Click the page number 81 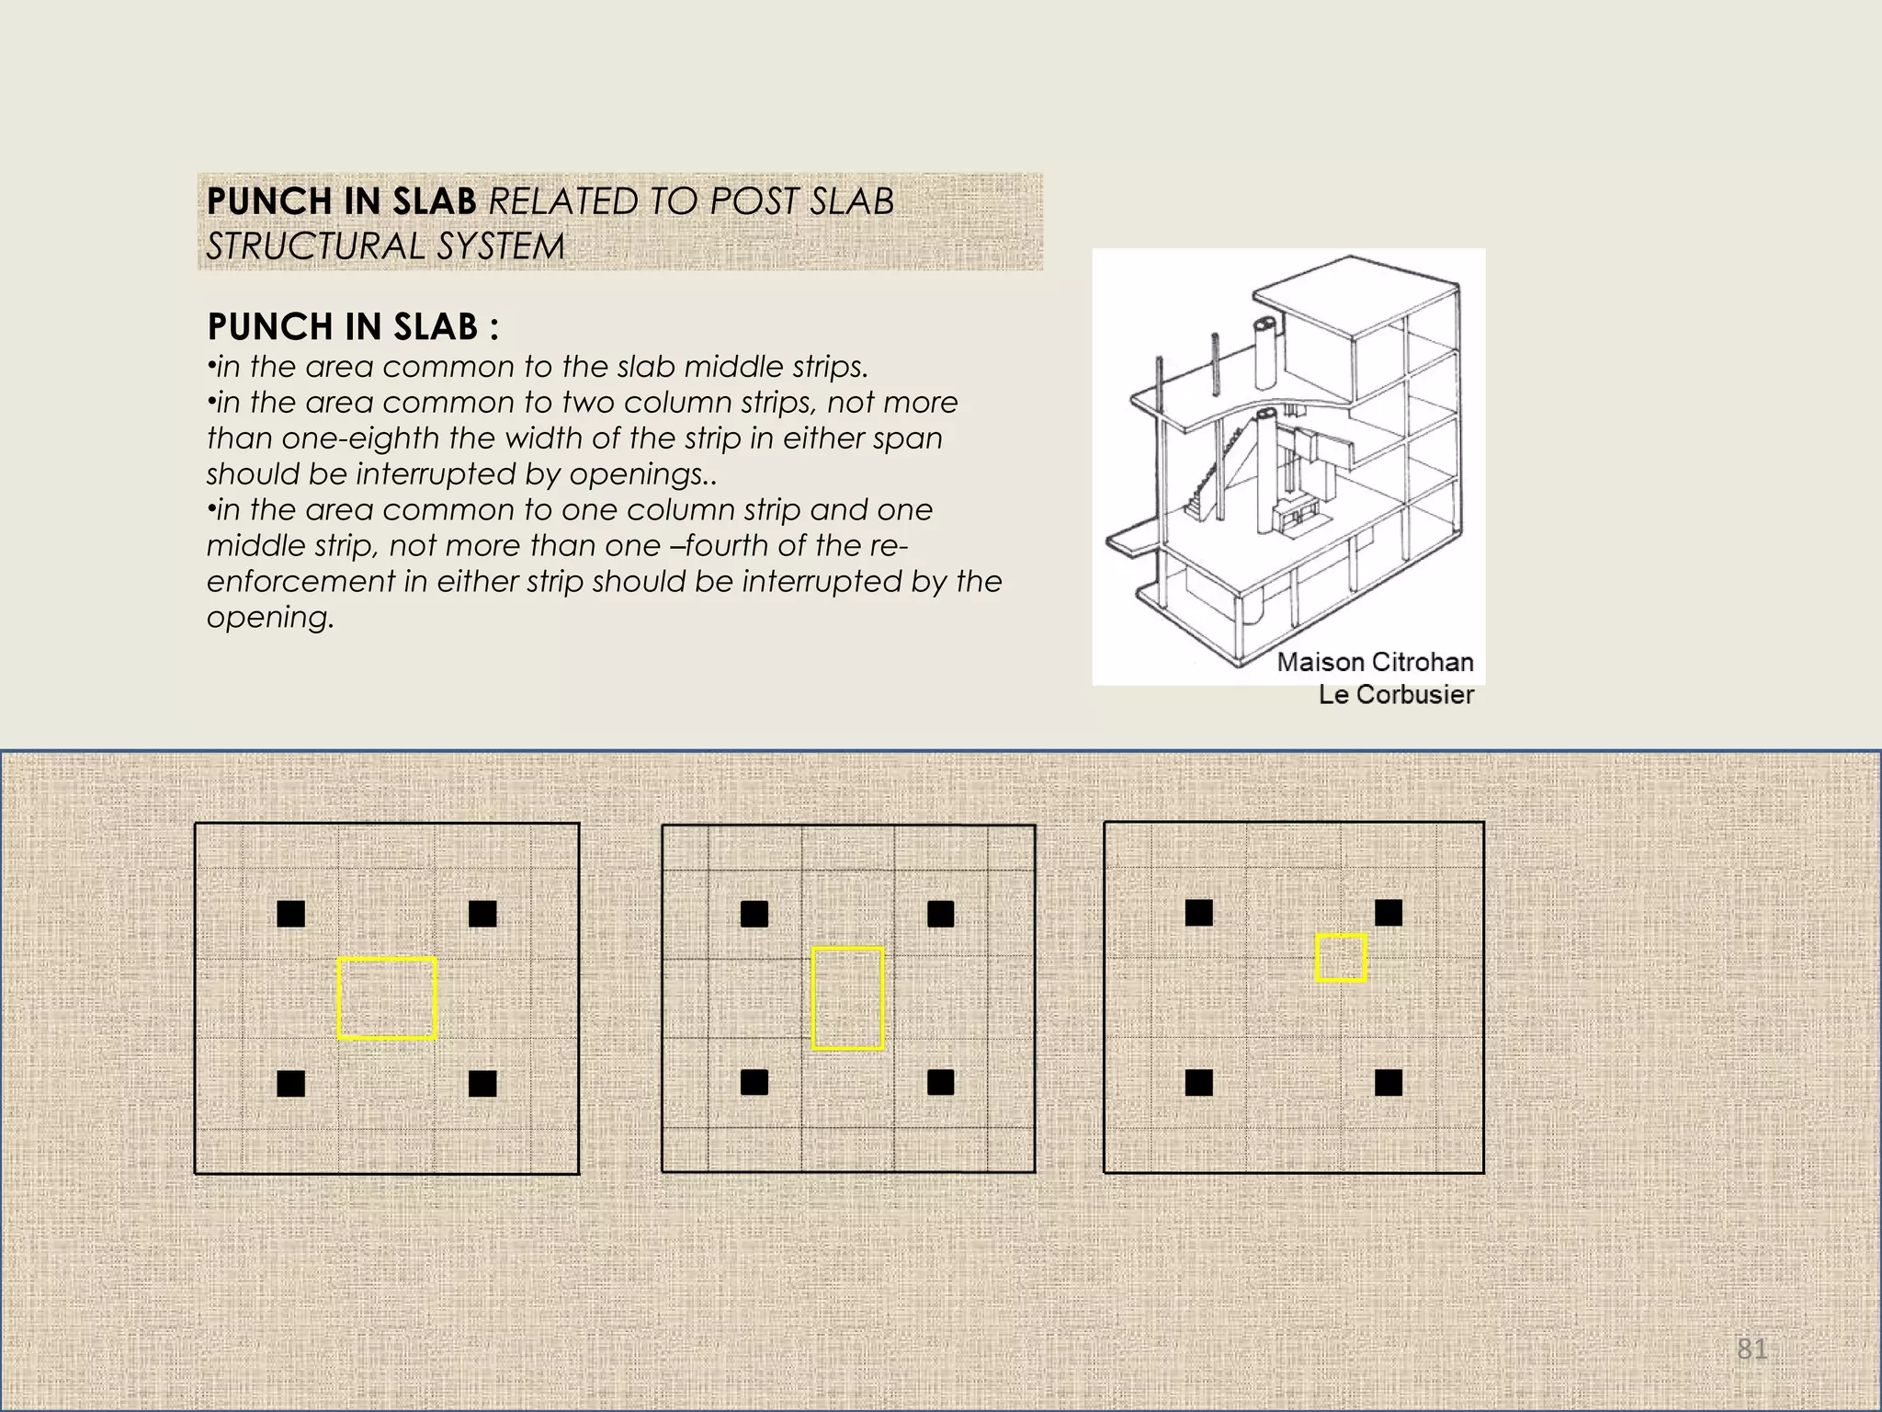point(1752,1349)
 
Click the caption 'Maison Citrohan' point(1375,662)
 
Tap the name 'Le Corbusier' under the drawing point(1396,695)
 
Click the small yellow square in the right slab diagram point(1341,958)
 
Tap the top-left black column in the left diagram point(290,914)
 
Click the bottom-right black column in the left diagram point(482,1084)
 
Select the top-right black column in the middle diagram point(940,914)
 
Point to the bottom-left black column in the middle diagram point(754,1082)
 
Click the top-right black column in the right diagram point(1388,913)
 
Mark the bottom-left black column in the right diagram point(1198,1083)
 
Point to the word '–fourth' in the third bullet point(719,546)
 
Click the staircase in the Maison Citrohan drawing point(1211,478)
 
